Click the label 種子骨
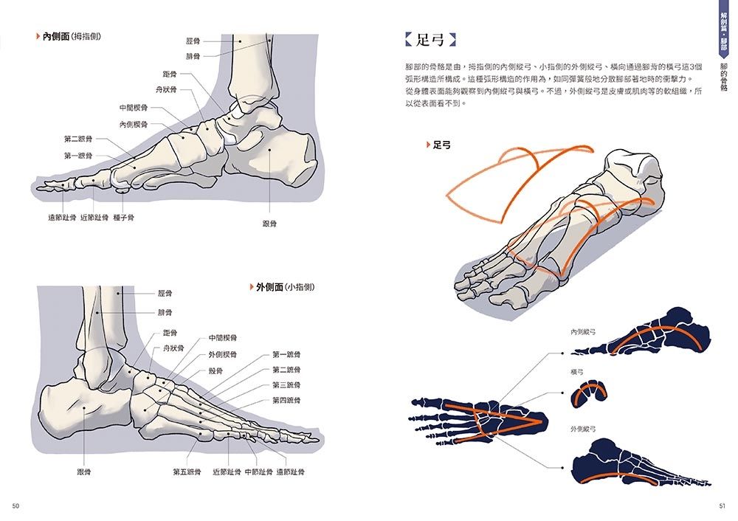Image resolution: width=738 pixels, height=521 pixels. point(124,218)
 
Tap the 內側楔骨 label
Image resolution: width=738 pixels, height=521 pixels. point(133,125)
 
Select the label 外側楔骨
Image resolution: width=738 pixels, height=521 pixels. point(223,354)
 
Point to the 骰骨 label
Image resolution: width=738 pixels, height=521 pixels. point(215,371)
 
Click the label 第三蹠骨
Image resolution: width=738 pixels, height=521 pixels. point(286,385)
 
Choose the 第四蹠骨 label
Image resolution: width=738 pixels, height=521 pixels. point(286,401)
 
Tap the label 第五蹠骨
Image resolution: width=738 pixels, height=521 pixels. point(187,472)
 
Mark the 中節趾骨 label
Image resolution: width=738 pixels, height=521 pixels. point(258,472)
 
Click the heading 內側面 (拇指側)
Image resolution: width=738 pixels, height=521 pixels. point(71,36)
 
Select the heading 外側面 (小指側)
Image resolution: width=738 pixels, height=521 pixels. point(285,287)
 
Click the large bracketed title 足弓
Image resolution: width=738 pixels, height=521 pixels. point(430,40)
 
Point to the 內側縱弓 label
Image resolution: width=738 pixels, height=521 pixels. point(583,332)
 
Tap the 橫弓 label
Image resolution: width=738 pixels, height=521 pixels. point(577,372)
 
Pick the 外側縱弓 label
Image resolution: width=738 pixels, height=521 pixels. point(583,429)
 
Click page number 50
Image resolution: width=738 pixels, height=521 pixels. point(15,506)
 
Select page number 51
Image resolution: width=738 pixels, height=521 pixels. point(722,506)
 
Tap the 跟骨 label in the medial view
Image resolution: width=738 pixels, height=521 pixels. point(269,224)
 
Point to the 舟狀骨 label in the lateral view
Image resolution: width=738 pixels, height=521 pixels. point(173,348)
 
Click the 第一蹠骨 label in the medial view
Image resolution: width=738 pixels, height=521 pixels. point(78,156)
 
